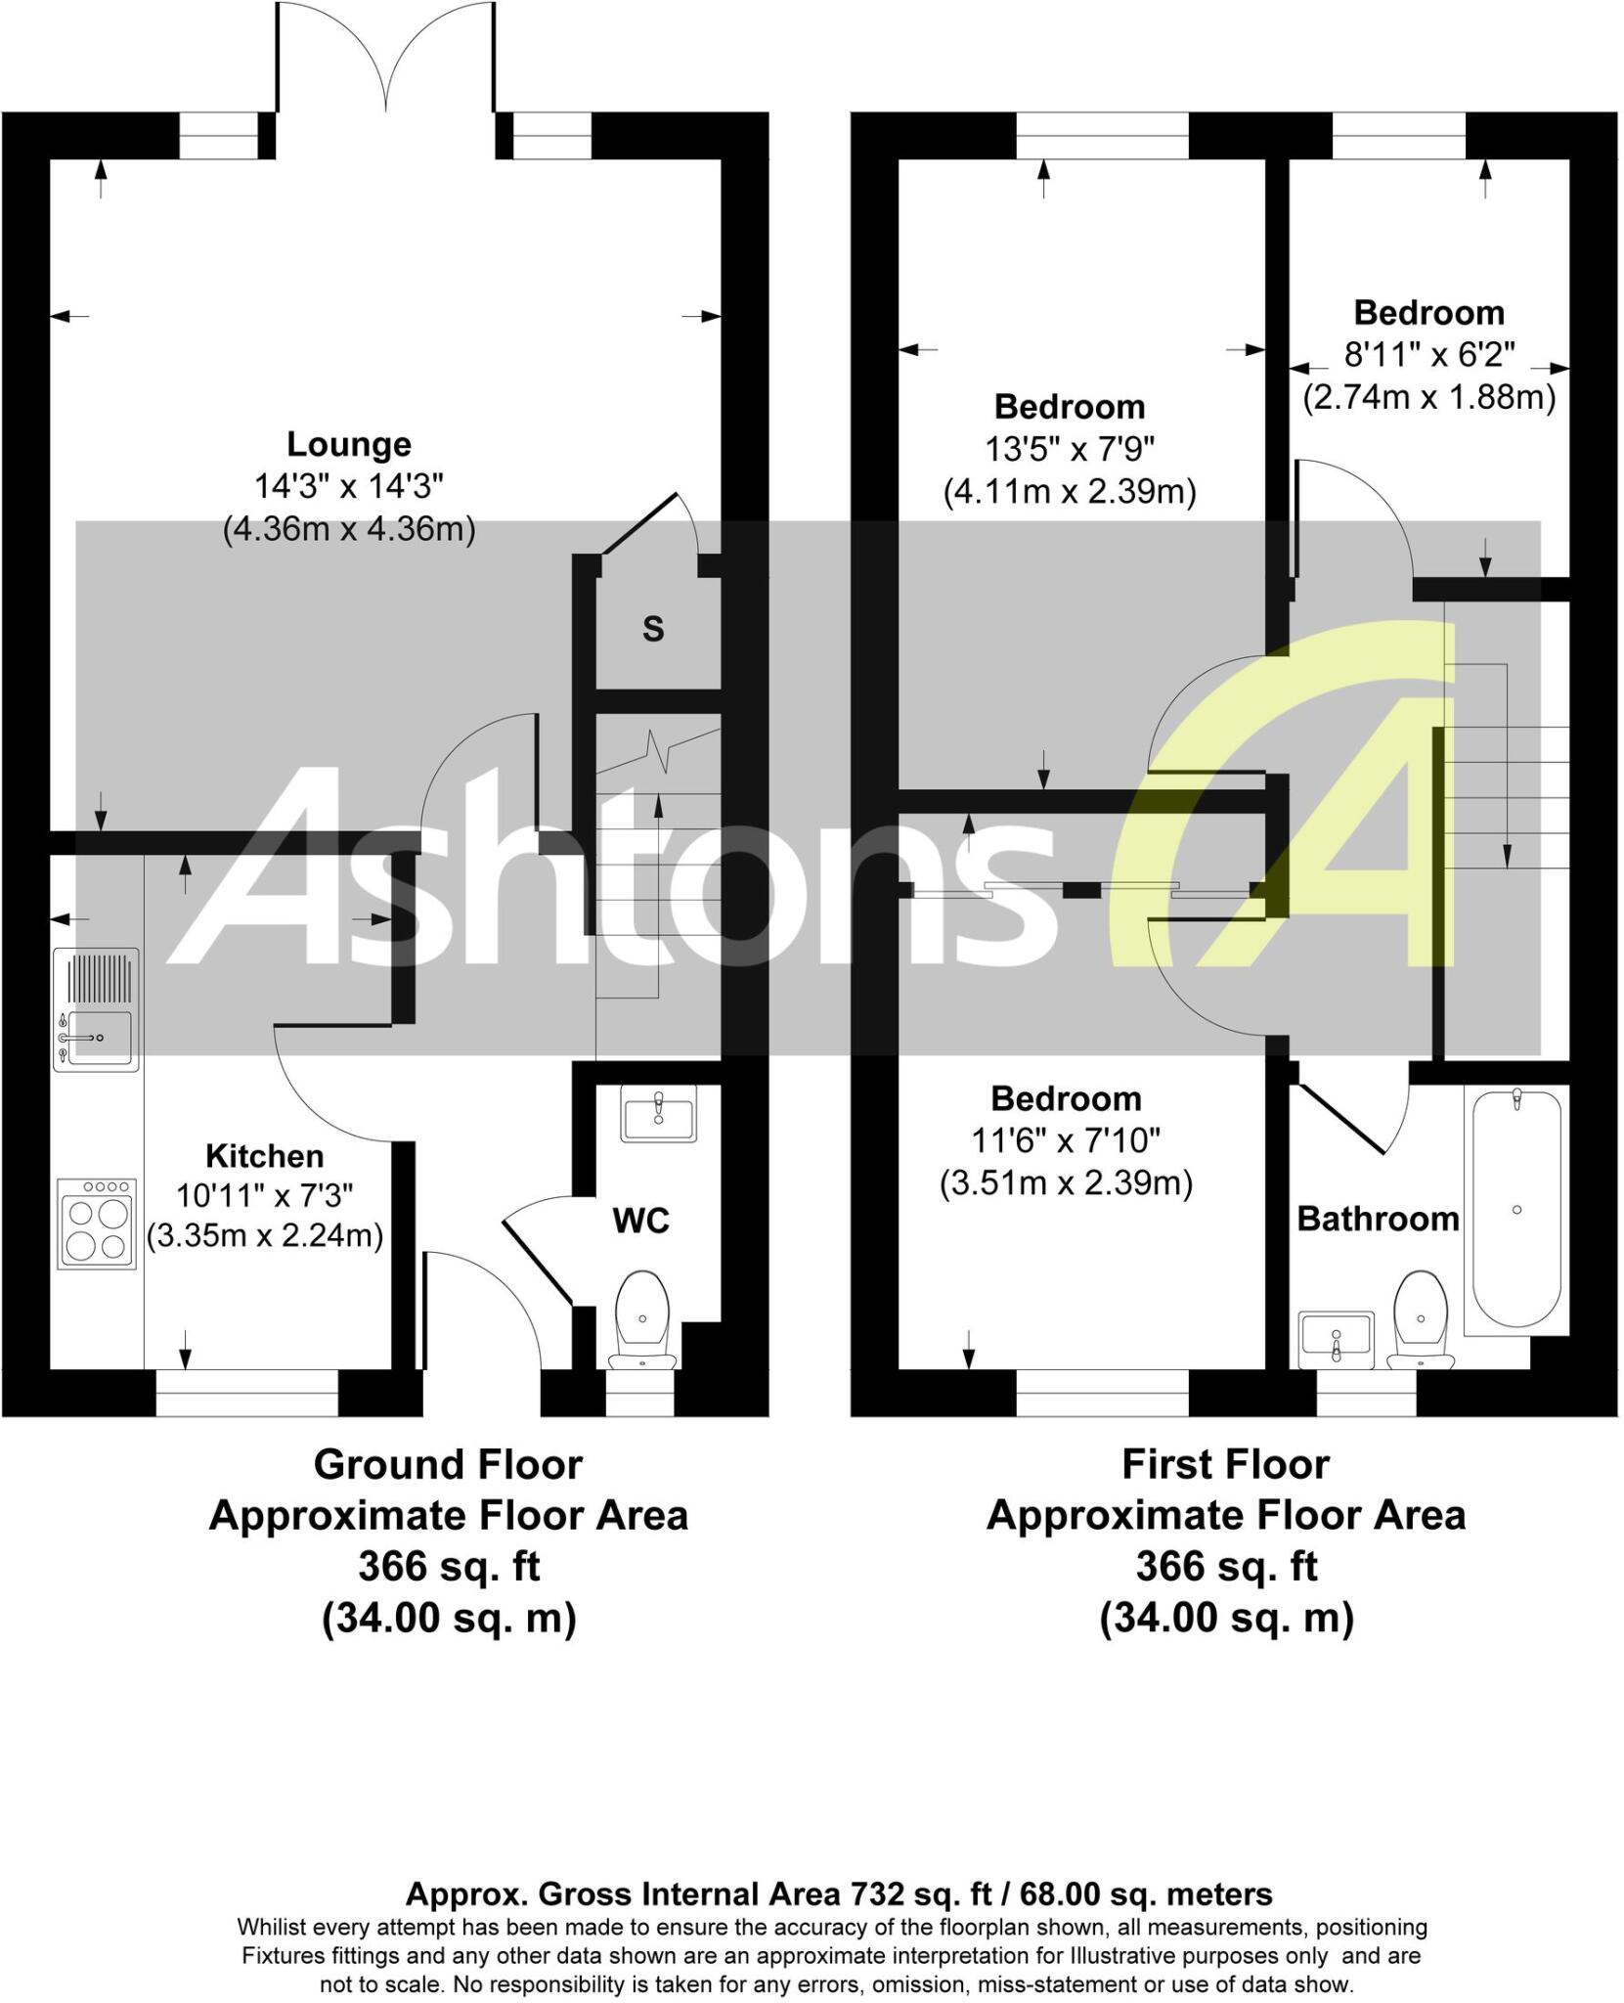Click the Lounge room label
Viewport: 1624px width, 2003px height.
(348, 444)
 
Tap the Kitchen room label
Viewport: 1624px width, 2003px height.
(264, 1156)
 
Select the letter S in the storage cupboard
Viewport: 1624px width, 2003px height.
(653, 629)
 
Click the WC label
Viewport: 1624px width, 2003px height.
(640, 1221)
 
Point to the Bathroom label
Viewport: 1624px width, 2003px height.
(1377, 1219)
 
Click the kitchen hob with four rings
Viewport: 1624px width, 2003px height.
(97, 1224)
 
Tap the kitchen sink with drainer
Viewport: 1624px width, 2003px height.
(96, 1010)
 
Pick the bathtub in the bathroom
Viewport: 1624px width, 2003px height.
(1515, 1209)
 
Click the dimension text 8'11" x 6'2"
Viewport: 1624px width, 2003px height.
(1428, 355)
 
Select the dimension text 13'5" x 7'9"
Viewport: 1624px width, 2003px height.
(1070, 449)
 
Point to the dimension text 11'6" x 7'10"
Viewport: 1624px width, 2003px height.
(1066, 1140)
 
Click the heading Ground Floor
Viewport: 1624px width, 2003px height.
(448, 1465)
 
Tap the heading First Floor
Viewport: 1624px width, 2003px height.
(1225, 1465)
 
